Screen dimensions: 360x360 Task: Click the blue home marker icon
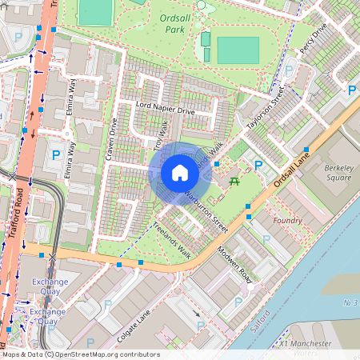point(180,173)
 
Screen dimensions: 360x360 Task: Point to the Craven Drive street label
point(111,139)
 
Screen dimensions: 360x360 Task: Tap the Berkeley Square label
point(338,173)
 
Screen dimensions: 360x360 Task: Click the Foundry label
point(287,220)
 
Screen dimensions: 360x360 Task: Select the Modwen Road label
point(234,266)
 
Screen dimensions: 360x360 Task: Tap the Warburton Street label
point(206,212)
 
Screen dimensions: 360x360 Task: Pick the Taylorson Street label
point(266,110)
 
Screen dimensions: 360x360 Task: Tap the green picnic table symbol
point(235,181)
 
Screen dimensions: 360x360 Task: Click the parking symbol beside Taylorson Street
point(258,166)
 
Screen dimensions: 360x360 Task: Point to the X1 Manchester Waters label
point(306,342)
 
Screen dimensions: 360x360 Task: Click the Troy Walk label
point(162,134)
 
